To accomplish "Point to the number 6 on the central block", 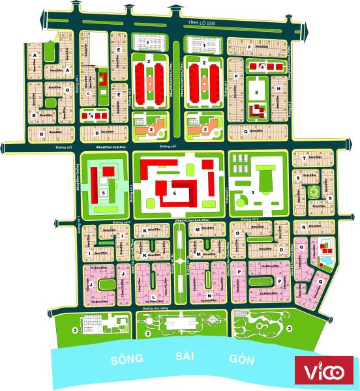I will [174, 193].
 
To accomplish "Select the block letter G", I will [245, 131].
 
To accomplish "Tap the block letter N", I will [207, 276].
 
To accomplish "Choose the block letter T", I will [303, 158].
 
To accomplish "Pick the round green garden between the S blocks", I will [312, 191].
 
